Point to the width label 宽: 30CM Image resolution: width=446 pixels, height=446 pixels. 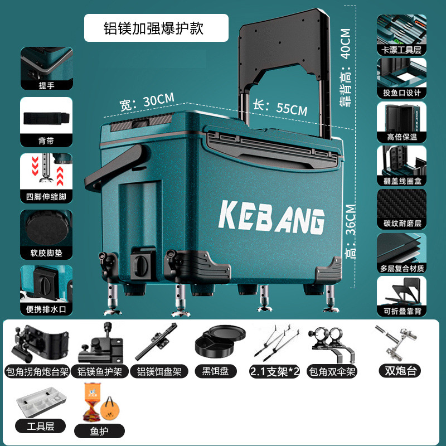(x=147, y=101)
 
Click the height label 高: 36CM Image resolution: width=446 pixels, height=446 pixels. (x=351, y=228)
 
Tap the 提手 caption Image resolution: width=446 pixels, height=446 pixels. (x=46, y=85)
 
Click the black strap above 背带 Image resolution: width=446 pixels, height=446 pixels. (x=47, y=119)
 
